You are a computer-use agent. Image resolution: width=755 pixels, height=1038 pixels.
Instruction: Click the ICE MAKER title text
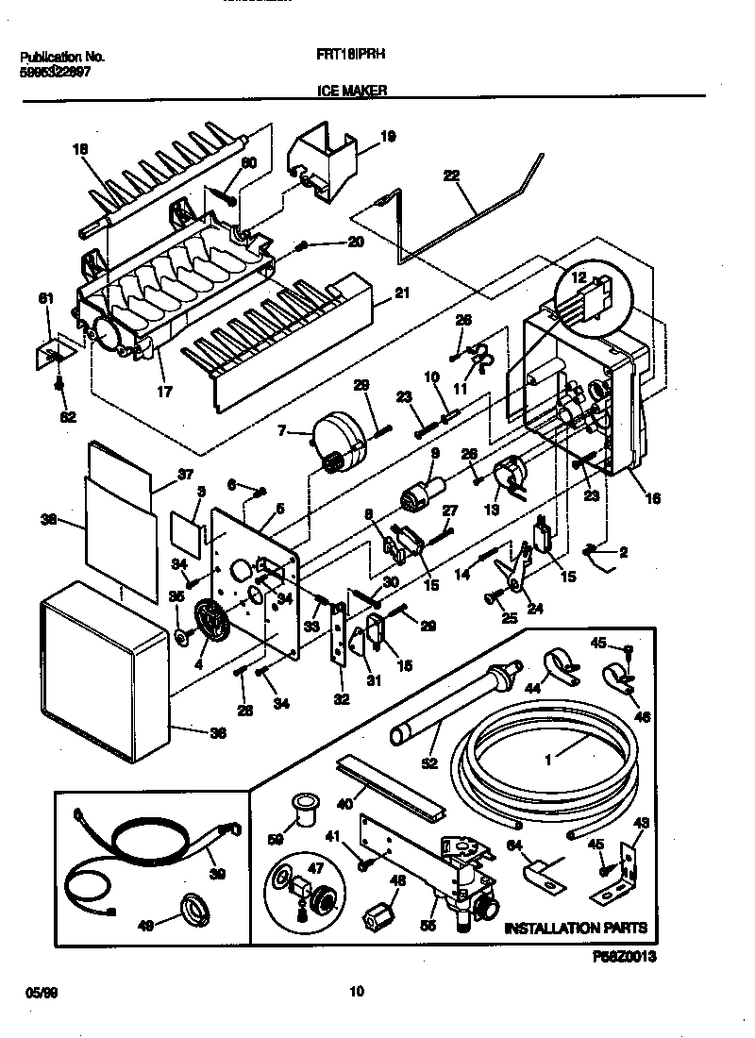346,91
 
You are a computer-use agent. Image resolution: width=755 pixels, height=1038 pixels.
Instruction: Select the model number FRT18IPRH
349,56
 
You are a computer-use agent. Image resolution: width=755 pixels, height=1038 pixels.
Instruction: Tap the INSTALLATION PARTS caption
576,929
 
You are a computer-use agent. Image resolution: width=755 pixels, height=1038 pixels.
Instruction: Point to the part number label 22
451,176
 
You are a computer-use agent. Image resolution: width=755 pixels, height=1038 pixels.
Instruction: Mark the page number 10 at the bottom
356,991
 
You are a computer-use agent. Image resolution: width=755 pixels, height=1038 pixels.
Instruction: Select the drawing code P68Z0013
623,957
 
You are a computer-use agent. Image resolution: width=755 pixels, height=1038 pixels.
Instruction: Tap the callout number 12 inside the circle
579,276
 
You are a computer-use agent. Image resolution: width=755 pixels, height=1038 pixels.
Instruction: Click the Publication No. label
61,57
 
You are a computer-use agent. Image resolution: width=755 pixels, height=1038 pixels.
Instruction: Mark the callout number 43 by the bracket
640,823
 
